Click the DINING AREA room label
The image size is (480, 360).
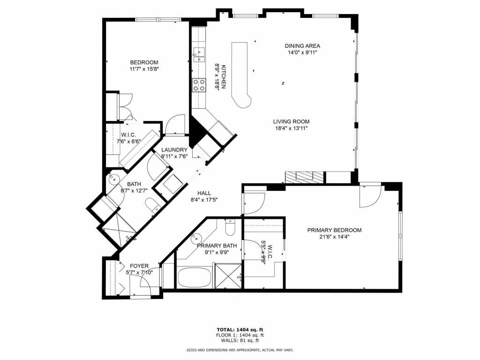click(x=302, y=46)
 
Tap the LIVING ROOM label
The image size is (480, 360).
click(x=292, y=122)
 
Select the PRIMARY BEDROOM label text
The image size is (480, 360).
click(x=334, y=230)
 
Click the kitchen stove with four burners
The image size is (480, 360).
click(x=199, y=84)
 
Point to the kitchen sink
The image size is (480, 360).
click(x=199, y=55)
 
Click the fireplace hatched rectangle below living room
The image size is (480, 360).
click(x=304, y=177)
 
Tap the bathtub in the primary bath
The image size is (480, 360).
click(x=194, y=277)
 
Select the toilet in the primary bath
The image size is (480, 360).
click(x=230, y=229)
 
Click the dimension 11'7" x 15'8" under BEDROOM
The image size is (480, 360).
click(x=144, y=69)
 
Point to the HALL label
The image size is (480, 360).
click(x=204, y=193)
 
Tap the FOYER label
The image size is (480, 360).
click(x=139, y=266)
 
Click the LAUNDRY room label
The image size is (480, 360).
click(x=174, y=150)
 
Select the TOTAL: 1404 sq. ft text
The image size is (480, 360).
click(x=240, y=329)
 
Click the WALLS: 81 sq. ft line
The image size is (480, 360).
click(x=240, y=341)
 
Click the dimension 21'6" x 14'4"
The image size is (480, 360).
click(x=334, y=237)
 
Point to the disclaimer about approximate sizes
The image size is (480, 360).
click(x=240, y=350)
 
